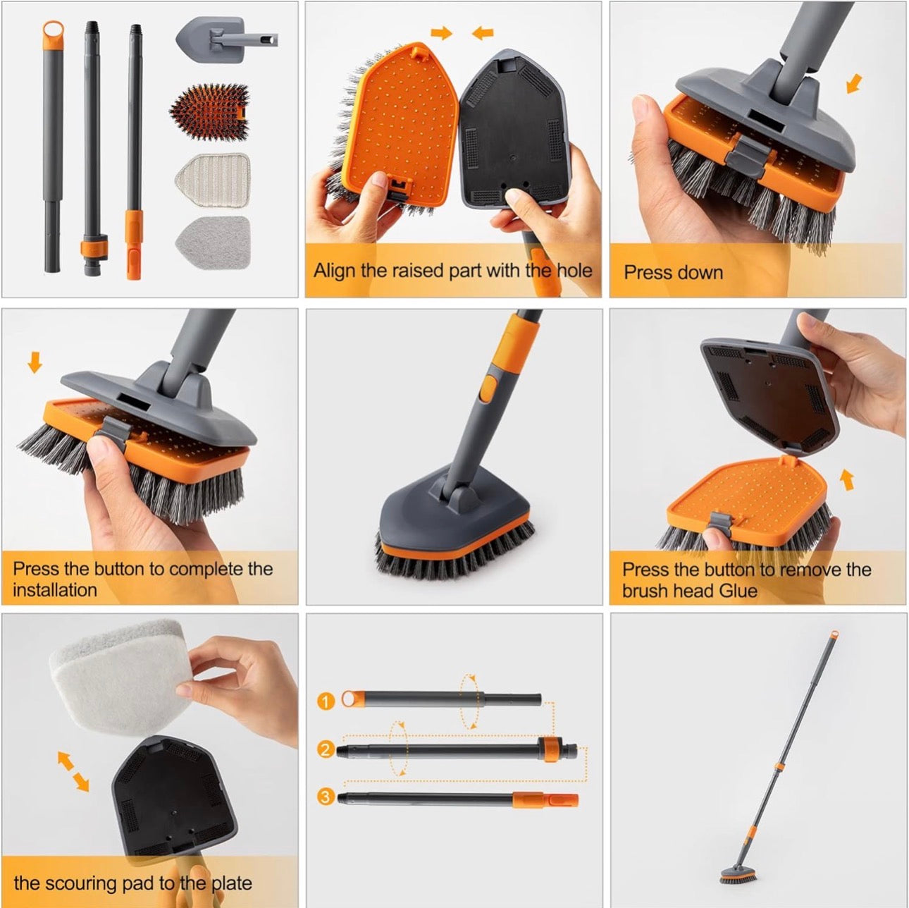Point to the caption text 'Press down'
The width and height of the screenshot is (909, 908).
[x=673, y=272]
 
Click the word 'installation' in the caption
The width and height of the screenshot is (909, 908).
[x=54, y=589]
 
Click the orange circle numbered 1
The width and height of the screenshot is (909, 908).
[x=325, y=701]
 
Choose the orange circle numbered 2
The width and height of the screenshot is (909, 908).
[x=325, y=749]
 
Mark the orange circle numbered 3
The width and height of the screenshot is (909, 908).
[x=325, y=797]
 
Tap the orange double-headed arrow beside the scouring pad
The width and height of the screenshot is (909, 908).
[x=73, y=771]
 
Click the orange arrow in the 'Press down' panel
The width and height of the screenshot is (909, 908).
[x=854, y=84]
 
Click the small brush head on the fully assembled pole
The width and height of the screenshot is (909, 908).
[x=738, y=876]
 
